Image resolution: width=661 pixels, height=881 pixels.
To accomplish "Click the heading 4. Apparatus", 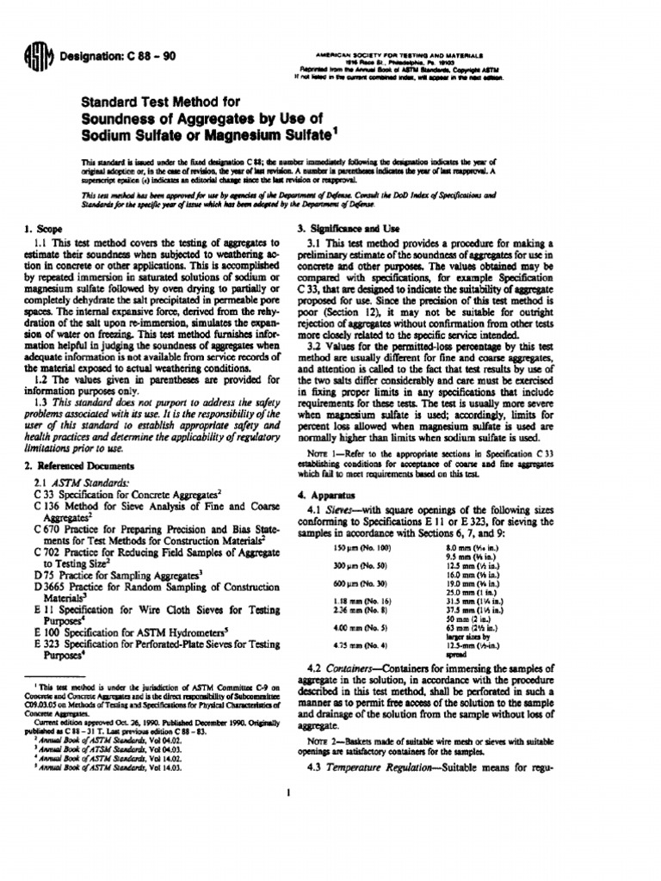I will pyautogui.click(x=325, y=496).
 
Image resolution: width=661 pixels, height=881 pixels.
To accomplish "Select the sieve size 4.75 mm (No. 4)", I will pyautogui.click(x=375, y=644).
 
